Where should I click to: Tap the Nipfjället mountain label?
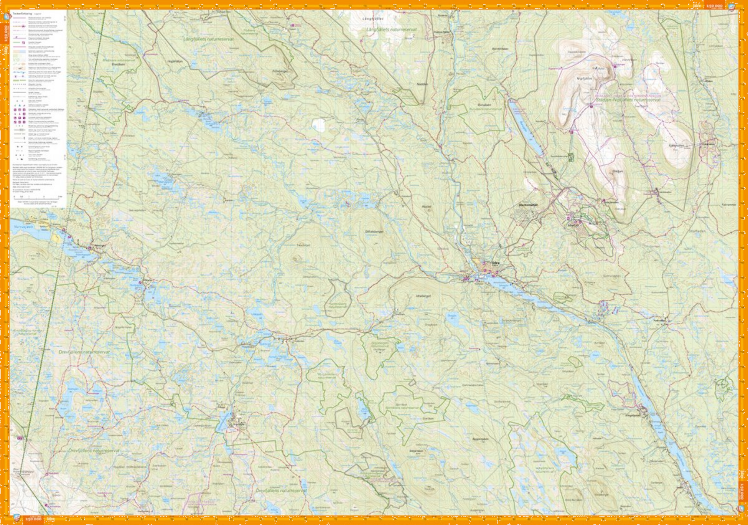584,78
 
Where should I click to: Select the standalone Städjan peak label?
618,171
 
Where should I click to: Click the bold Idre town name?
496,263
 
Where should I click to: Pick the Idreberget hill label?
423,296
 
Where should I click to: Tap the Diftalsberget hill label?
374,231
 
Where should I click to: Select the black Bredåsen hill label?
118,64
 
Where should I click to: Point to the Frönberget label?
280,71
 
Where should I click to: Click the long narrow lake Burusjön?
526,127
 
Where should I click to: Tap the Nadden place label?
422,84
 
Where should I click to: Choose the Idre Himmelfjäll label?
528,205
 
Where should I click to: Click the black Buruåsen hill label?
484,105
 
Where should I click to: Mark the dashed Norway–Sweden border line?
61,246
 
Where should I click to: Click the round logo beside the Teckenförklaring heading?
7,17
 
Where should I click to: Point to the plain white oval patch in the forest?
318,124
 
